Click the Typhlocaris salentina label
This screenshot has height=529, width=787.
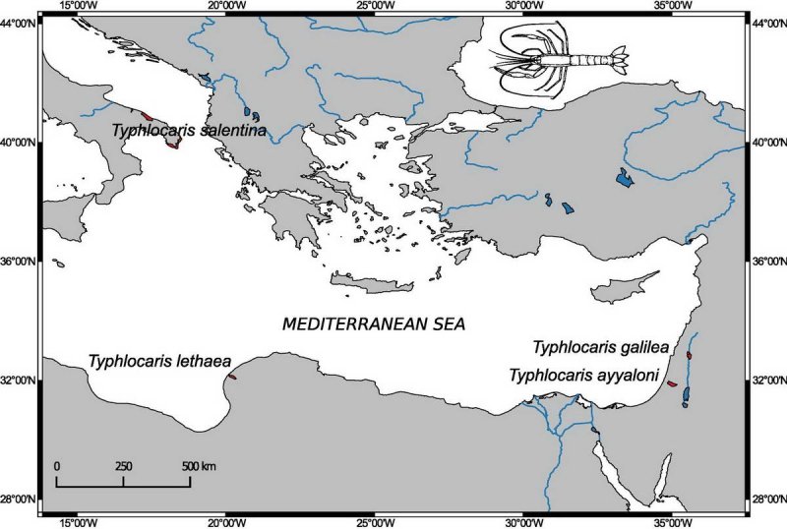click(188, 130)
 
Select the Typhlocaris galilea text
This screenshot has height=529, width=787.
click(601, 347)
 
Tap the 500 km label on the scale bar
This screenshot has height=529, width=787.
click(197, 465)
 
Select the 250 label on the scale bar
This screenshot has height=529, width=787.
click(124, 465)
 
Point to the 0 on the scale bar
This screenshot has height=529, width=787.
click(57, 465)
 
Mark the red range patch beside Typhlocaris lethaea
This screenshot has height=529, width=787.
click(232, 376)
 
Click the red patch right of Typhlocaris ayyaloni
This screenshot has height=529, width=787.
click(673, 384)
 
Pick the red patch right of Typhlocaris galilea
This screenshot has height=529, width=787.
click(689, 355)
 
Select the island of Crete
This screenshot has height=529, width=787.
click(372, 284)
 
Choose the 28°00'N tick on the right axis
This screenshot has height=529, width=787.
click(767, 499)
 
